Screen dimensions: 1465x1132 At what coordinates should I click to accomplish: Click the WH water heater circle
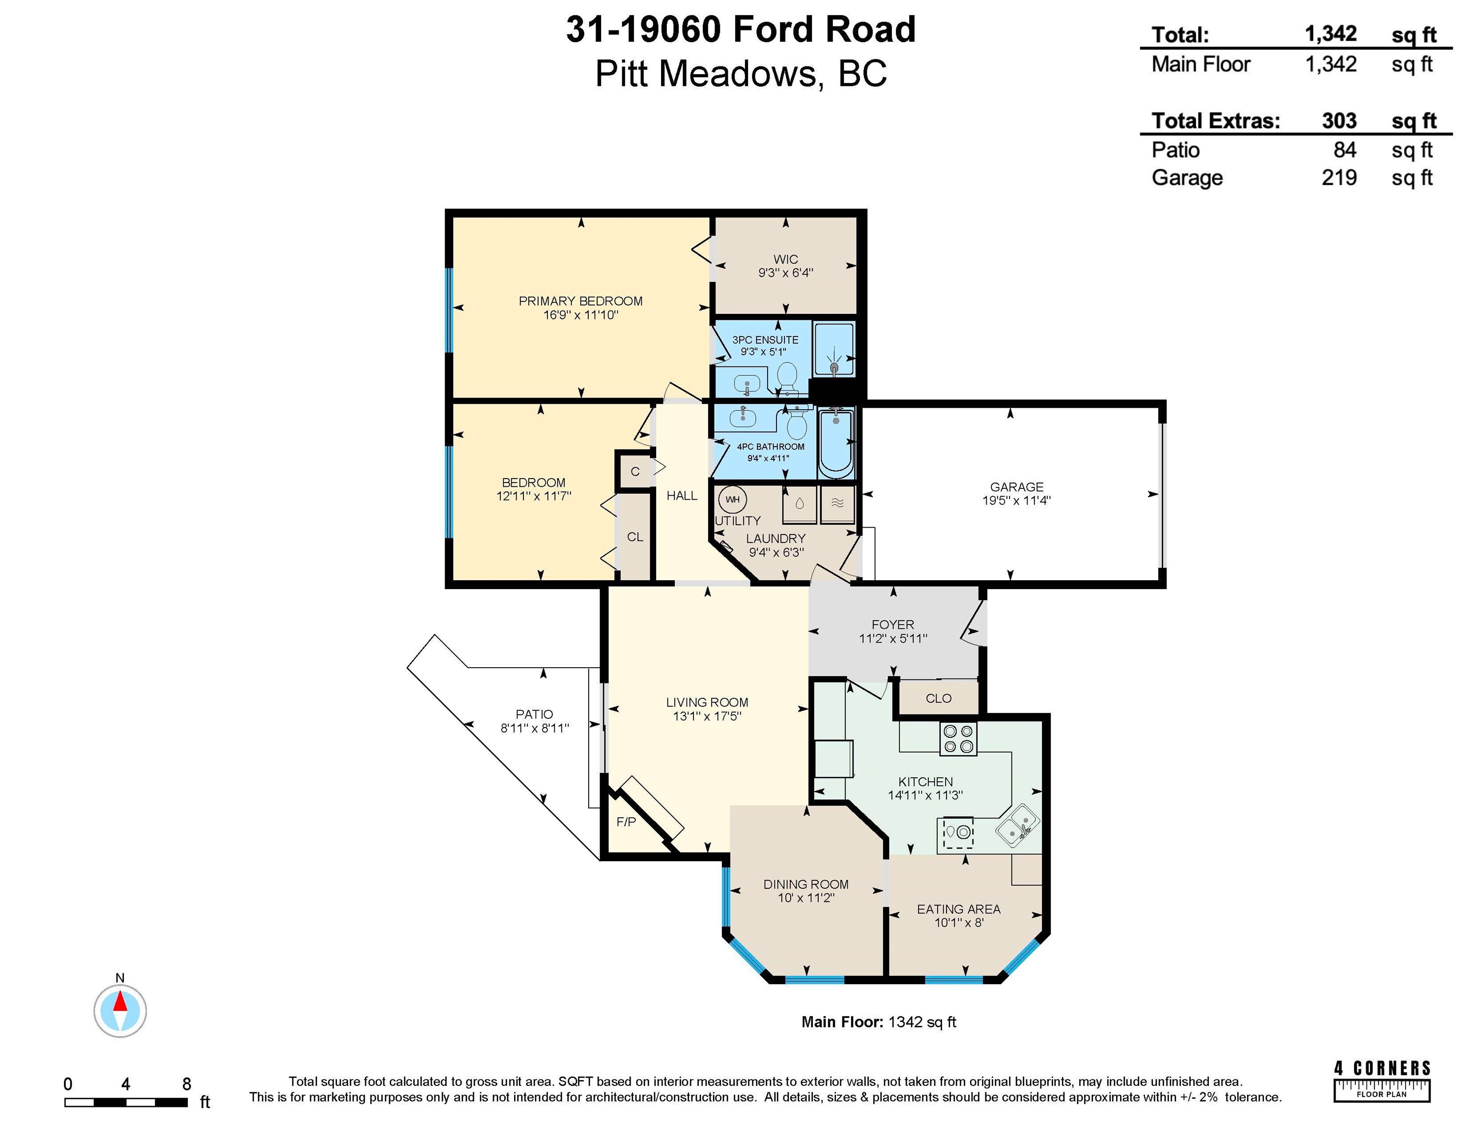coord(732,499)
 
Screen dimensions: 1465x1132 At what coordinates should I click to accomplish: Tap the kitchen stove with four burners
coord(958,739)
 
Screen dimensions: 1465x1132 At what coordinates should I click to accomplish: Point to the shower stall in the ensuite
coord(834,349)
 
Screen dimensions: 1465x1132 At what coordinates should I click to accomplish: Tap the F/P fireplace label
coord(626,821)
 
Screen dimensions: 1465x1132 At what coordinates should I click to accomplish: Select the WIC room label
coord(785,259)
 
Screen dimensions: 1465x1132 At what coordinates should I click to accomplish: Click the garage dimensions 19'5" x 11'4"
coord(1016,500)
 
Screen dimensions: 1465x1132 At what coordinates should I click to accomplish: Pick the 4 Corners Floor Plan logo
coord(1382,1080)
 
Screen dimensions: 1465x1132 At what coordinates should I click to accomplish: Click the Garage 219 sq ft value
coord(1339,178)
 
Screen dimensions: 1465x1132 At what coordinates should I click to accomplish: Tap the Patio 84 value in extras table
coord(1345,149)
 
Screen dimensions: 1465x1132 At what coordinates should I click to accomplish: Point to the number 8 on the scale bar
coord(186,1084)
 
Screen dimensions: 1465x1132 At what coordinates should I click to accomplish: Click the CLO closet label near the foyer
coord(939,698)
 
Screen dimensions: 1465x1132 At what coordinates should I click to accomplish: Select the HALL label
coord(682,496)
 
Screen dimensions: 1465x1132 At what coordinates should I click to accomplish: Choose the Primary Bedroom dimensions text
coord(581,314)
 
